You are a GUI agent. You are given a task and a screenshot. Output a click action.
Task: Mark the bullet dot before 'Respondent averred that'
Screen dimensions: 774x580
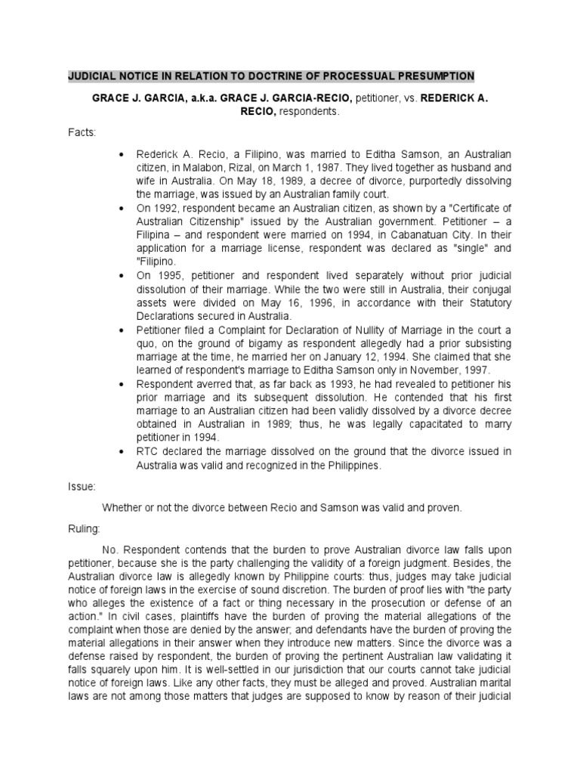pyautogui.click(x=122, y=385)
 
